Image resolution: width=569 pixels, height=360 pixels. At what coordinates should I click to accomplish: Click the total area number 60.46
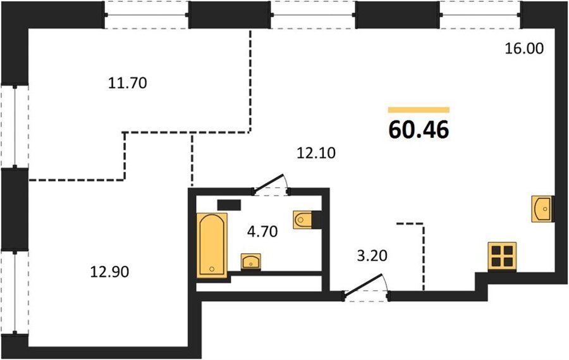419,130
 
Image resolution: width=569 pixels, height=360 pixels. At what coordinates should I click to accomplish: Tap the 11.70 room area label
128,83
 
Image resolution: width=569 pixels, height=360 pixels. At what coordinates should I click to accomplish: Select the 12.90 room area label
109,271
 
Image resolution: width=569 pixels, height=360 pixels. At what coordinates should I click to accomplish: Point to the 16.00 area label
525,48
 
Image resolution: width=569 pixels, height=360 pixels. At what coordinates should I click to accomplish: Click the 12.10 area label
316,153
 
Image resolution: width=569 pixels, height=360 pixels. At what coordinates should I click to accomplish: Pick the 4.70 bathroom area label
262,232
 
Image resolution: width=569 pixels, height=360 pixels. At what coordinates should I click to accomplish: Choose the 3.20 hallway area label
372,256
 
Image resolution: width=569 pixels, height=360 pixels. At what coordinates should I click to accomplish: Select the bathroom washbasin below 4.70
251,261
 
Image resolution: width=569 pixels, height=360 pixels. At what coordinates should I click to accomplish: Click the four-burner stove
502,256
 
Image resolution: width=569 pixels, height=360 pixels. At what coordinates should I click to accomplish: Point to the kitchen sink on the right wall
541,209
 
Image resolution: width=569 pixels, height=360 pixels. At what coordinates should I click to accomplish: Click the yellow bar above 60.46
419,110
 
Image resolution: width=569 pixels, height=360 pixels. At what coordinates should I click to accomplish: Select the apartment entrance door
366,287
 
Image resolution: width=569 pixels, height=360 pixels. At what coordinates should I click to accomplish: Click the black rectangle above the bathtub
229,205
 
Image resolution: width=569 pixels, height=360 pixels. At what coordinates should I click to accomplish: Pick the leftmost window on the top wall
147,15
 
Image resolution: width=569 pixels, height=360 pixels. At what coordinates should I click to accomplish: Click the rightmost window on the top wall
480,15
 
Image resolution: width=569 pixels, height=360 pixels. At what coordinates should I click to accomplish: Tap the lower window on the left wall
15,292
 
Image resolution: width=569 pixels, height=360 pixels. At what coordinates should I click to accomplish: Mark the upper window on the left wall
15,127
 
